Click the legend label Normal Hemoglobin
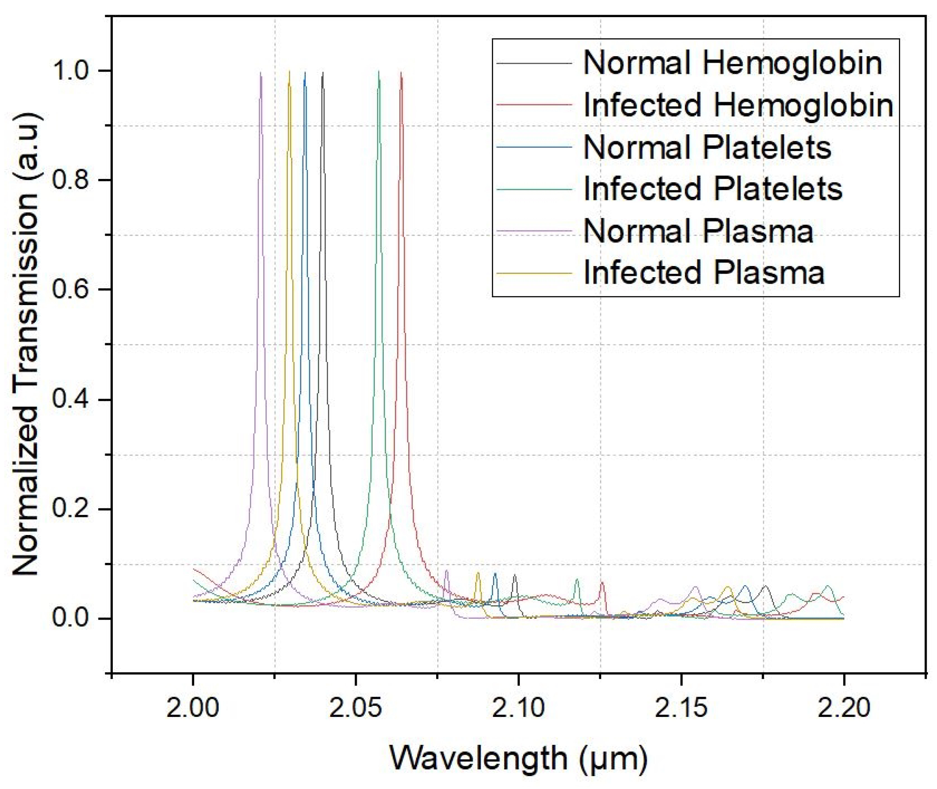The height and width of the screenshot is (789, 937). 732,63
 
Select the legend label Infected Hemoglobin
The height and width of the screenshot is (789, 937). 738,106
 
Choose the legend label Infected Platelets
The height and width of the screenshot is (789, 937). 713,189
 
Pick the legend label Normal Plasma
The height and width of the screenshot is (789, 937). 698,231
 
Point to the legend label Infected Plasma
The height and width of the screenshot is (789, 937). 704,272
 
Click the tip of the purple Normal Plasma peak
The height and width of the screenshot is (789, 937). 261,73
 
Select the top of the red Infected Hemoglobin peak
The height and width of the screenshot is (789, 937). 401,73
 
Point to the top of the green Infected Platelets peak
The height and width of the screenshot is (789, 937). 379,72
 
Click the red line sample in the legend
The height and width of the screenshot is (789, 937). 534,106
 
